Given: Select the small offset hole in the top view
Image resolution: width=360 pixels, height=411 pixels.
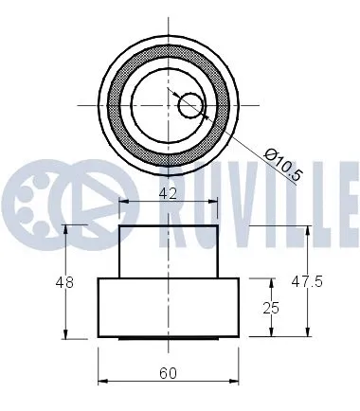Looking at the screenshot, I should tap(190, 104).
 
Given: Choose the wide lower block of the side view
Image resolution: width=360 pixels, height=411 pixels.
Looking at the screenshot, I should tap(168, 307).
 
